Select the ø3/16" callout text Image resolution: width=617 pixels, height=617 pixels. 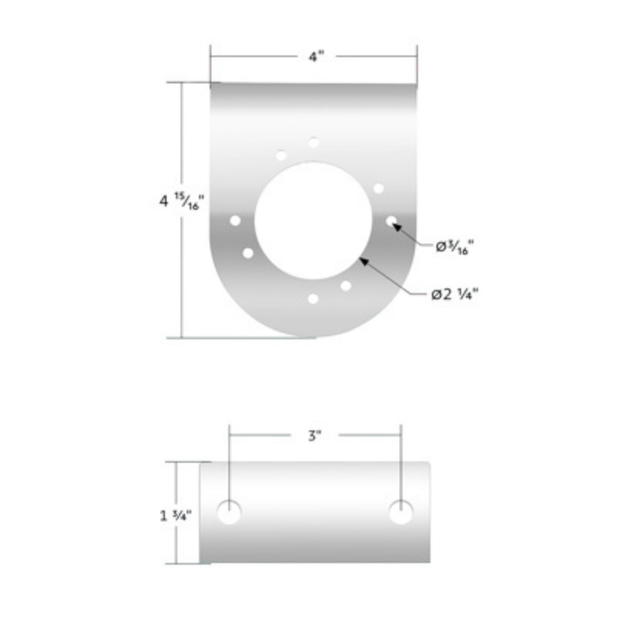[x=457, y=247]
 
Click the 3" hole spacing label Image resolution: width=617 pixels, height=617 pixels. [x=316, y=435]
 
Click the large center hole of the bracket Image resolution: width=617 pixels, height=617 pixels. [x=313, y=220]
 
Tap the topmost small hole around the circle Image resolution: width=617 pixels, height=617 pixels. [x=314, y=142]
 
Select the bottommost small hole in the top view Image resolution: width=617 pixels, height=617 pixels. [x=313, y=299]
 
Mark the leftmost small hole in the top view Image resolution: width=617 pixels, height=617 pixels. [x=235, y=220]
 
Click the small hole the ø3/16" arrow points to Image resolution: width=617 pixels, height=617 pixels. [x=391, y=220]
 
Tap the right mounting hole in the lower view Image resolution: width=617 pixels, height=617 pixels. [x=401, y=512]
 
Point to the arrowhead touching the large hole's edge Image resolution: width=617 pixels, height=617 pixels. [x=363, y=261]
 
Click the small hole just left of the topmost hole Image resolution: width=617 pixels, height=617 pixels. [x=281, y=156]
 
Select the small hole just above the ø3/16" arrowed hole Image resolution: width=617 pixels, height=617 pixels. [x=379, y=188]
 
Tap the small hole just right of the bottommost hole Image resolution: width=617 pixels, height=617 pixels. [x=346, y=286]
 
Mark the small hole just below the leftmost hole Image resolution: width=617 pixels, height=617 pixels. [x=248, y=253]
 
